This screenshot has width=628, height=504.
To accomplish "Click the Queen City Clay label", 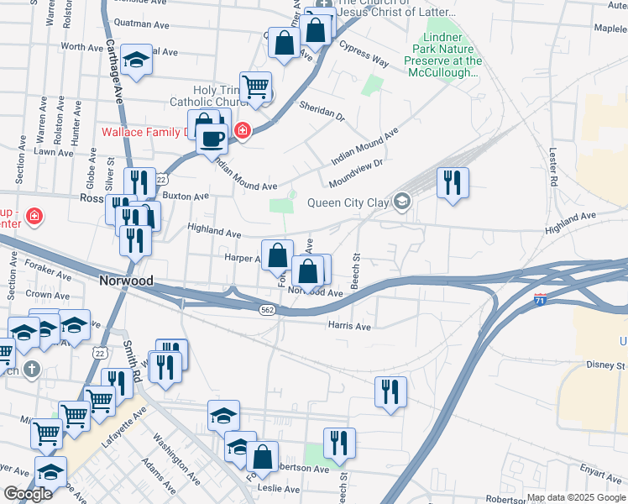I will tap(348, 202).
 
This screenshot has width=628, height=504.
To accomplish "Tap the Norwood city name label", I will tap(125, 281).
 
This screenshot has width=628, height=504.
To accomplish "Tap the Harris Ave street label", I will tap(350, 326).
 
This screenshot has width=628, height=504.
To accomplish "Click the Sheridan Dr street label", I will tap(322, 110).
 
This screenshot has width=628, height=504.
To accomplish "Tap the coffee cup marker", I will tap(212, 138).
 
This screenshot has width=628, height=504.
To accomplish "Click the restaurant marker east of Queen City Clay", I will tap(453, 182).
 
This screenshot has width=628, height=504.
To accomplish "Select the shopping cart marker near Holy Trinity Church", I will tap(255, 87).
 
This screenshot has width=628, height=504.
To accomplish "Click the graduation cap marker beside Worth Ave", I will tap(136, 59).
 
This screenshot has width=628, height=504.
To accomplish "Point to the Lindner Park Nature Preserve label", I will tap(442, 55).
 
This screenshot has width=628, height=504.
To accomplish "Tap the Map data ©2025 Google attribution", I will tap(575, 497).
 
